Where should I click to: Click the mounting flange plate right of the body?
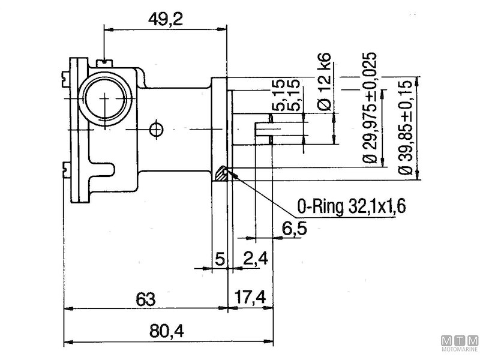[x=220, y=129]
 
